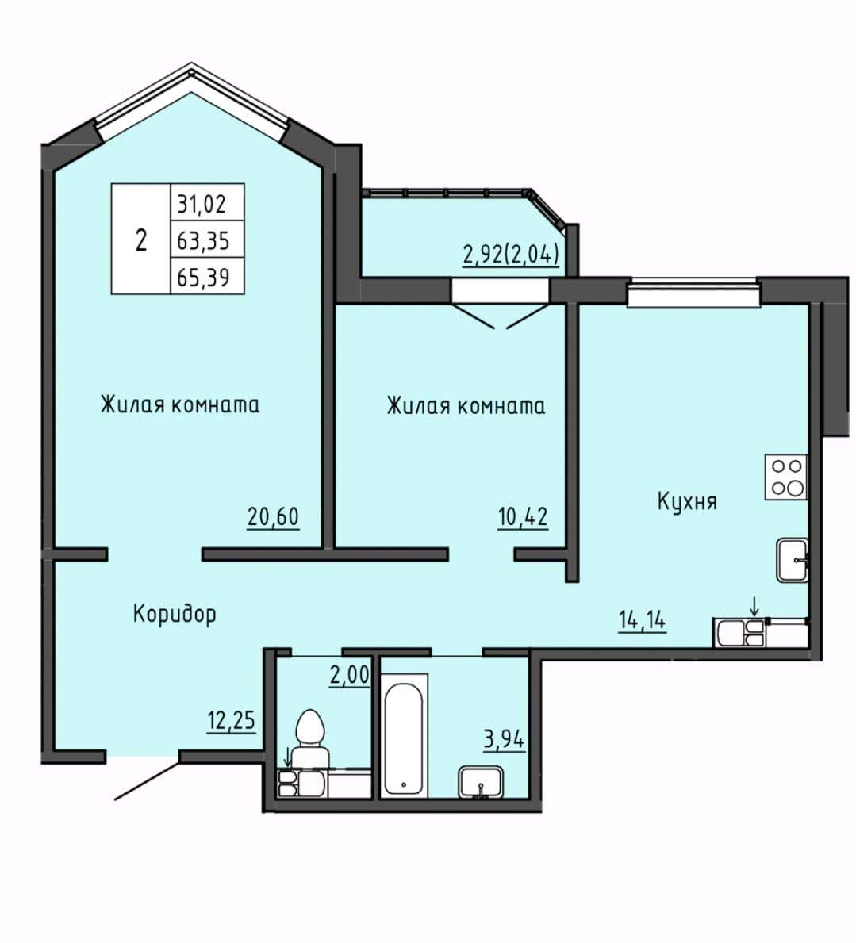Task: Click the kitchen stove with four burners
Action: pyautogui.click(x=785, y=477)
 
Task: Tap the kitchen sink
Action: pyautogui.click(x=793, y=560)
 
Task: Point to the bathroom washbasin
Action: pyautogui.click(x=481, y=782)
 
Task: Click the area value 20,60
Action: pyautogui.click(x=272, y=516)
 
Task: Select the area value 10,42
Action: pyautogui.click(x=523, y=516)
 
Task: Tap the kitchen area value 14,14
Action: pyautogui.click(x=642, y=619)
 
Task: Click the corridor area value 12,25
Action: pyautogui.click(x=231, y=720)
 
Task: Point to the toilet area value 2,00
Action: pyautogui.click(x=349, y=675)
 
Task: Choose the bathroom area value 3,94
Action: pyautogui.click(x=504, y=739)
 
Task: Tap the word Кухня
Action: pyautogui.click(x=687, y=501)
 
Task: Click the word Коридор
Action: pyautogui.click(x=175, y=615)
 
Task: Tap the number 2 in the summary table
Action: pyautogui.click(x=141, y=240)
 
